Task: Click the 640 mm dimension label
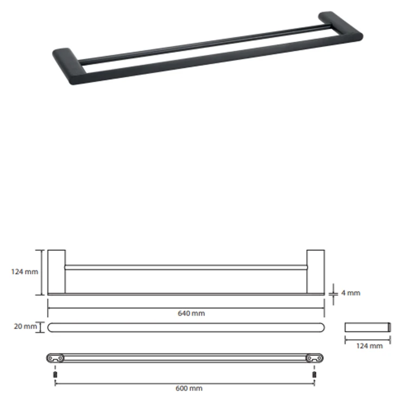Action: click(x=191, y=313)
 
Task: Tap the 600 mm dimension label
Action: click(x=189, y=388)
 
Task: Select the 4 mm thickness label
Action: click(x=351, y=293)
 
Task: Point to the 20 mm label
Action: click(x=26, y=326)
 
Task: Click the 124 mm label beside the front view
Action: click(x=24, y=272)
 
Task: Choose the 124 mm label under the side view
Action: click(x=369, y=346)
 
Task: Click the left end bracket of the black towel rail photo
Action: click(x=69, y=66)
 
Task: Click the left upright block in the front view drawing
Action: click(x=56, y=272)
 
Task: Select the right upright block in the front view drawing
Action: click(x=316, y=272)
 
